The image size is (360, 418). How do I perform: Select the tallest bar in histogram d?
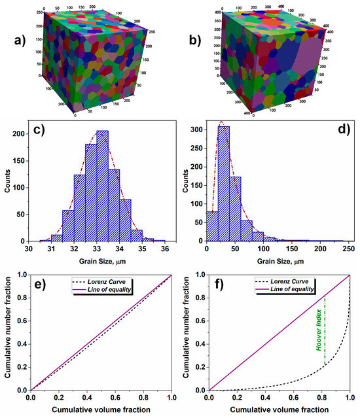point(223,184)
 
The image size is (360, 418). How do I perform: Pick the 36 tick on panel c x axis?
point(171,249)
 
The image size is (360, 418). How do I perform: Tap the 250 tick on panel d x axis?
point(348,249)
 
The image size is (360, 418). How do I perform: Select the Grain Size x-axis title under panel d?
point(277,260)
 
